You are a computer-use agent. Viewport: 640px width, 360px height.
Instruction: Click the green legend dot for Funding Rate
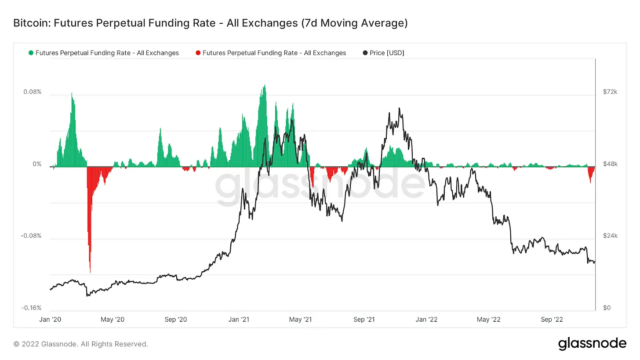(31, 53)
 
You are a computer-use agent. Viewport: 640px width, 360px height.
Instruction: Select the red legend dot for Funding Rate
(198, 53)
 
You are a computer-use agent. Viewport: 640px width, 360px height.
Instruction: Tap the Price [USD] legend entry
(387, 53)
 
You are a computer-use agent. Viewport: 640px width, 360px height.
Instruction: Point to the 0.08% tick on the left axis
(33, 92)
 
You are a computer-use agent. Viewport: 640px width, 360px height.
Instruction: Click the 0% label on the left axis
(37, 164)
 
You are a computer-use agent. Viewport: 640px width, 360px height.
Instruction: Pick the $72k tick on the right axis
(610, 92)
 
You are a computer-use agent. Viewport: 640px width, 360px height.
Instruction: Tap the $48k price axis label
(610, 164)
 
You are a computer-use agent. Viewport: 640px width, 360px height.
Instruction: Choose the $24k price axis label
(610, 236)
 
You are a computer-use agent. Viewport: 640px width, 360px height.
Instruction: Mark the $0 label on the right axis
(607, 308)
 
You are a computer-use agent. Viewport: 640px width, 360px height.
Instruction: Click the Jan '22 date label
(426, 320)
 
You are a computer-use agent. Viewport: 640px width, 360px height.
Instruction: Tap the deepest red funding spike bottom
(90, 272)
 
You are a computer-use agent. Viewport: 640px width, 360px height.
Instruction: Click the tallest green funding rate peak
(265, 86)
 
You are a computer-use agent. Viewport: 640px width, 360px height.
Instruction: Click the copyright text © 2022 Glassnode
(81, 344)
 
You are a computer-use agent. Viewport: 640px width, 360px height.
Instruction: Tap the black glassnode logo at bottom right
(592, 343)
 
